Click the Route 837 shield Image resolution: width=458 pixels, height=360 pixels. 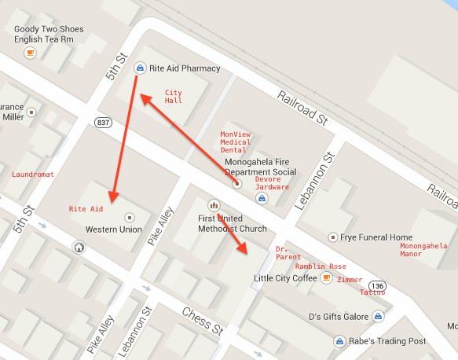[x=103, y=123]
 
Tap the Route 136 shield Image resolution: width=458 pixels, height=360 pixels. [x=379, y=285]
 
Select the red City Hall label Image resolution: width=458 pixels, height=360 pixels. [x=173, y=97]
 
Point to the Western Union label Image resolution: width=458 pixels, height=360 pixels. [x=113, y=230]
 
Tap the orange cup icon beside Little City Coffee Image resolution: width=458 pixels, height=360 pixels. [x=325, y=277]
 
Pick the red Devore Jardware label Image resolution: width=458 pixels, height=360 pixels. [x=273, y=183]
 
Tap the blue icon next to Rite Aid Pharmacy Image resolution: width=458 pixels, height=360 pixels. [x=140, y=68]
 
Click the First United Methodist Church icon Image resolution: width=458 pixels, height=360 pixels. [x=213, y=205]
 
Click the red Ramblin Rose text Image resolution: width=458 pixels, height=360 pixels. [x=321, y=266]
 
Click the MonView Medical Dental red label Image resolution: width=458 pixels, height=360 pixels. [x=235, y=141]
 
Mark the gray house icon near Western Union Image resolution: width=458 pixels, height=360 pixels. [x=79, y=247]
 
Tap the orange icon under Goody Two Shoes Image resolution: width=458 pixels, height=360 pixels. [x=30, y=53]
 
